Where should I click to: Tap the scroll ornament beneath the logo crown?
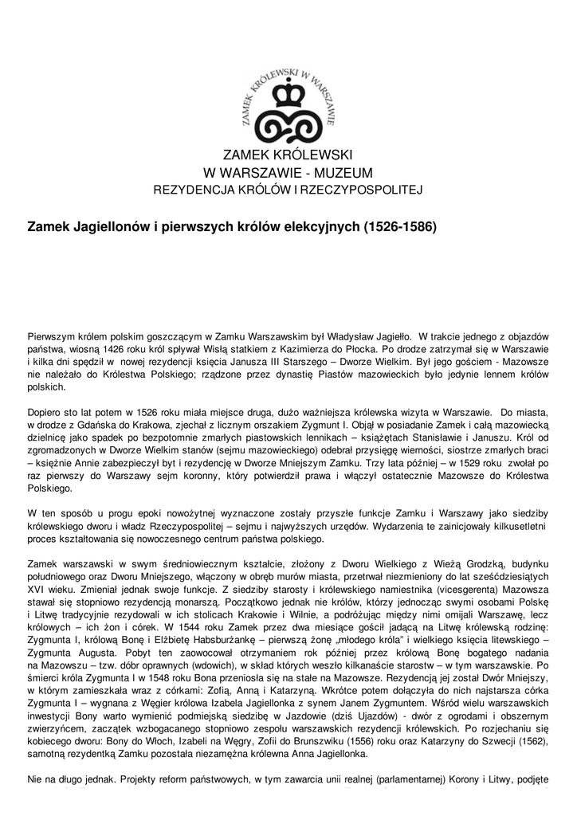[288, 124]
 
